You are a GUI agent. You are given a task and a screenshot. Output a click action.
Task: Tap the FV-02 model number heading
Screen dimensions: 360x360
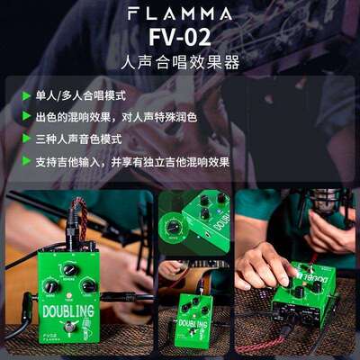(x=180, y=40)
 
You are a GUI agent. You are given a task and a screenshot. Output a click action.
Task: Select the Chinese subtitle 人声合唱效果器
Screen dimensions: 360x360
(x=180, y=65)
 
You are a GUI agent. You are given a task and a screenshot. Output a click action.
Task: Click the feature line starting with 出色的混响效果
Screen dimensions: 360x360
(x=117, y=117)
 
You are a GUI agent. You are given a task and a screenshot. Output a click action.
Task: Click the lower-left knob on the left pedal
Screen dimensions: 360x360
(x=51, y=286)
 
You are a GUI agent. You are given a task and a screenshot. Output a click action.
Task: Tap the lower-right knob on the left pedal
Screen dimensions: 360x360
(x=88, y=286)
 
